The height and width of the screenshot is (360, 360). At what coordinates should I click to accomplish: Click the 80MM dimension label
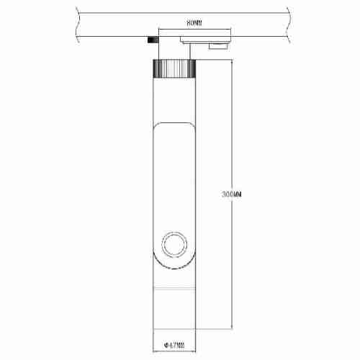pos(193,24)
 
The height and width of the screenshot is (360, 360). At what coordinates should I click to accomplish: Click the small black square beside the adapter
pos(152,41)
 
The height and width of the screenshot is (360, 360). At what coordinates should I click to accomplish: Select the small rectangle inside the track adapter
pos(215,48)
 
